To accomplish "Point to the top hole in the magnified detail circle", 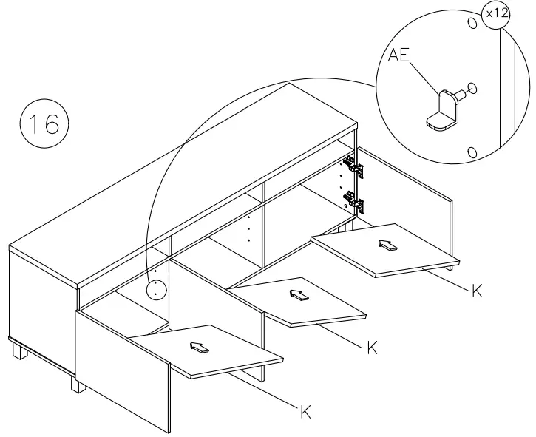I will [469, 22].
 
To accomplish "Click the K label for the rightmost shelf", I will [478, 291].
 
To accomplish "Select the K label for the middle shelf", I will [373, 347].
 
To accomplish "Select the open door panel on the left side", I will [122, 370].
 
